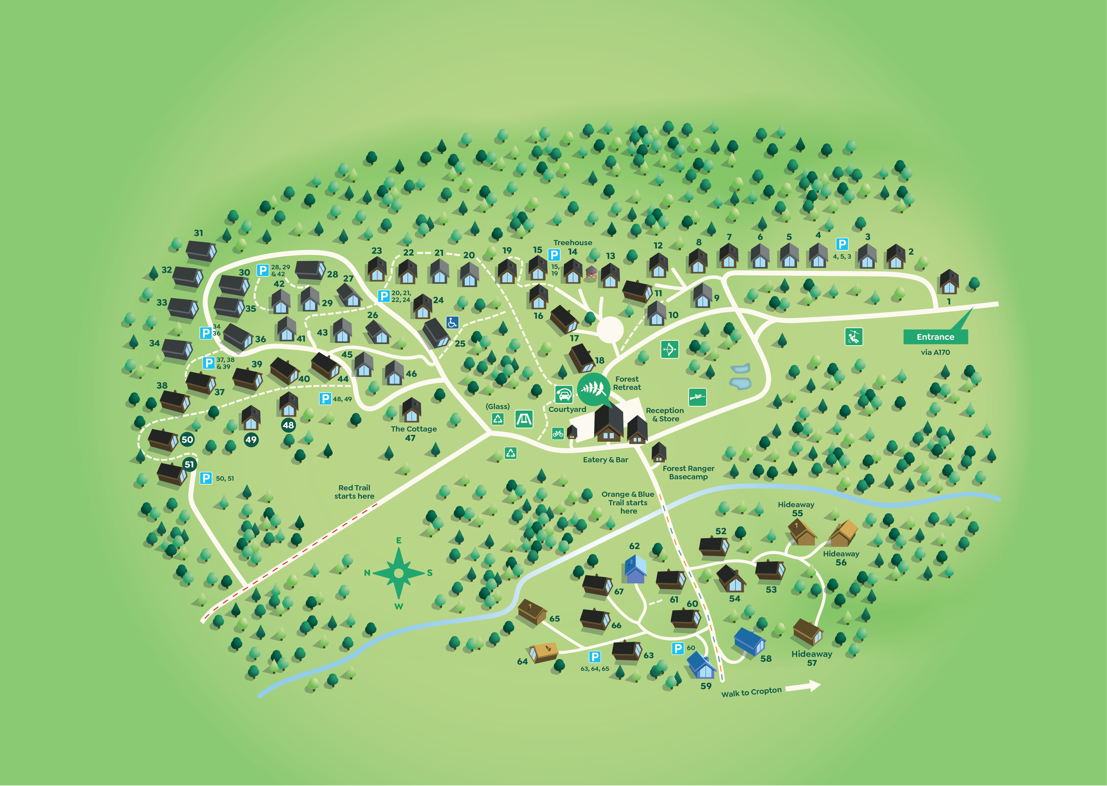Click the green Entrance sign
[x=935, y=337]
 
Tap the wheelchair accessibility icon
[x=452, y=322]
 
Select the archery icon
[x=669, y=349]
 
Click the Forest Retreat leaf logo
[x=593, y=389]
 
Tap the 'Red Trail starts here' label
[x=354, y=492]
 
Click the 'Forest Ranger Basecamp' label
[x=688, y=472]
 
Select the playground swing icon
[x=524, y=419]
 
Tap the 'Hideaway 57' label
[x=812, y=658]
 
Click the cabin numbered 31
[x=201, y=250]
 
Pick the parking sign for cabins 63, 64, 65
[x=595, y=657]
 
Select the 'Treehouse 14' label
[x=573, y=247]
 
